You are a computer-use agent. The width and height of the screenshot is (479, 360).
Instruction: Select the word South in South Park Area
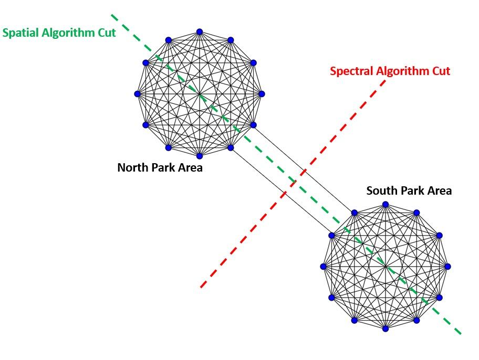[x=382, y=190]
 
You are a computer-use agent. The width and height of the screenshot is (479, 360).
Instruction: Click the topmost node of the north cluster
[x=200, y=32]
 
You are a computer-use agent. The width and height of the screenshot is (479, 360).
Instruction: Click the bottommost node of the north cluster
[x=200, y=156]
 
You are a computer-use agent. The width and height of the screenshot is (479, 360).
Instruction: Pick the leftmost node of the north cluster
[x=138, y=94]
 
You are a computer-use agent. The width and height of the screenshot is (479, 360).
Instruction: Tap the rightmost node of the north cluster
[x=262, y=94]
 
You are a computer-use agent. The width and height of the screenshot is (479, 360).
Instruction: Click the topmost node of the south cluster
[x=386, y=204]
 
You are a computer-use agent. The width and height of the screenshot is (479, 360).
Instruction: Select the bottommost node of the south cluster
[x=386, y=329]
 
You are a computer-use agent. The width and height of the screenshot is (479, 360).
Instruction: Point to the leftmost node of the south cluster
[x=324, y=267]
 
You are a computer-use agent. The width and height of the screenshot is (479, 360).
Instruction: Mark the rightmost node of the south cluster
[x=447, y=267]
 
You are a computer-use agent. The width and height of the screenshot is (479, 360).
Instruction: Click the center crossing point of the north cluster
[x=200, y=94]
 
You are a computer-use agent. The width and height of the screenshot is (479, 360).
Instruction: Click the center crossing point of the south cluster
[x=386, y=267]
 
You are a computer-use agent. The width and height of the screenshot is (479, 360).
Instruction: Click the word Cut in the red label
[x=439, y=71]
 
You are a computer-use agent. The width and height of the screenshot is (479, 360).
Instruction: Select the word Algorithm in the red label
[x=402, y=71]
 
